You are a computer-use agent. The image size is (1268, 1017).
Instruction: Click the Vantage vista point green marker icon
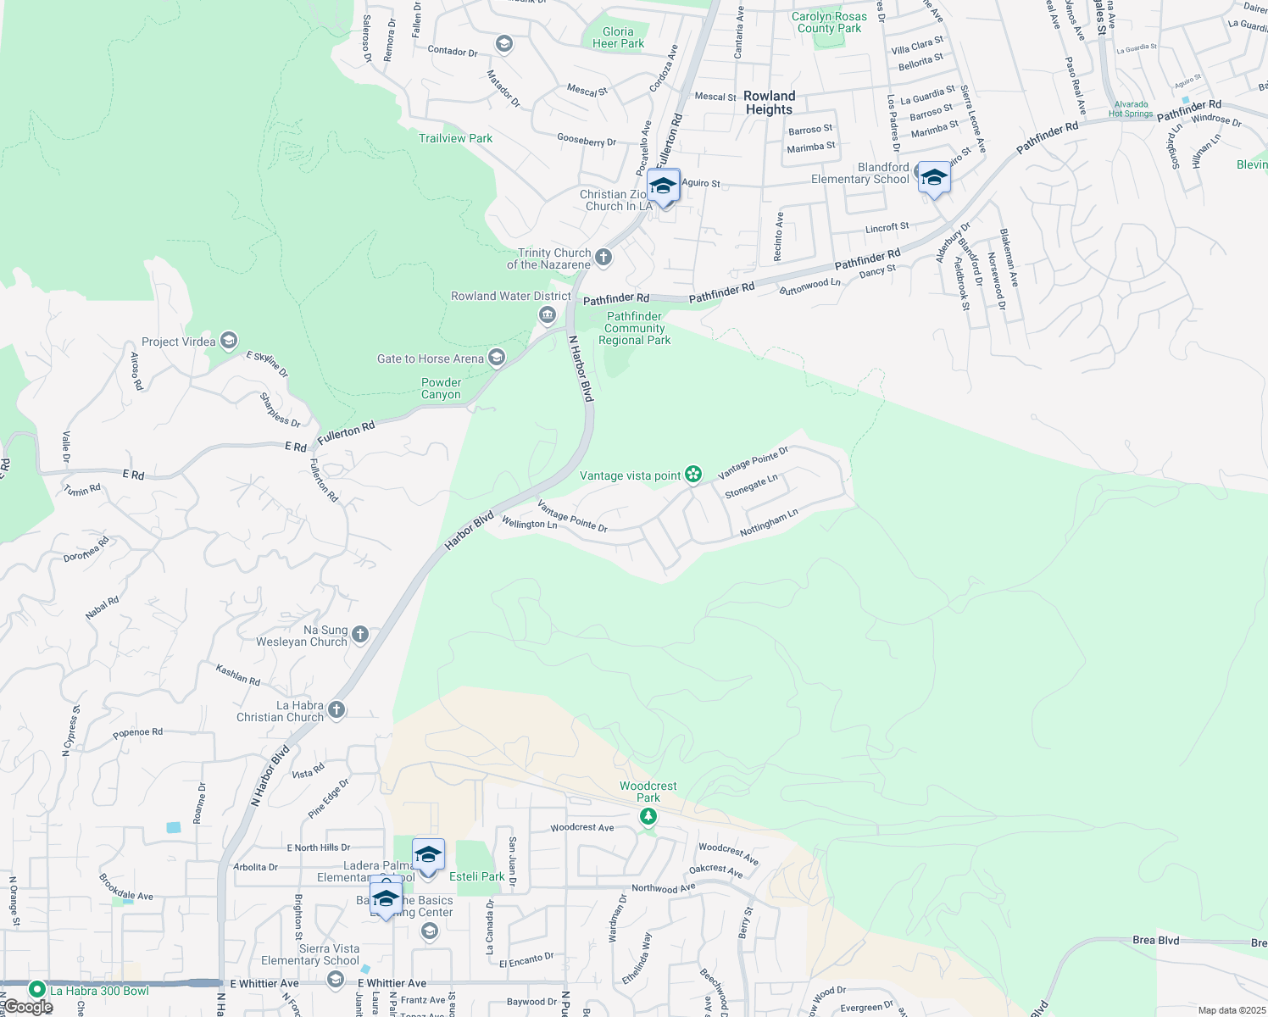tap(693, 475)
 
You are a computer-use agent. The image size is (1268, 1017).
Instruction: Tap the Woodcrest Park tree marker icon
tap(648, 816)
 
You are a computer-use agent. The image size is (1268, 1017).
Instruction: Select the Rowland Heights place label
tap(769, 103)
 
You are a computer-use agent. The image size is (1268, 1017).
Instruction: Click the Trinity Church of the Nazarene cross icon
tap(603, 258)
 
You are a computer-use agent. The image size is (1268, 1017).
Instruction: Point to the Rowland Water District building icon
tap(548, 316)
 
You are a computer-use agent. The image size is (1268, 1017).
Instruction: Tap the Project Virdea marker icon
tap(228, 341)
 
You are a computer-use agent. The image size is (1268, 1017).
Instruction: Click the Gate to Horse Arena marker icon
tap(497, 358)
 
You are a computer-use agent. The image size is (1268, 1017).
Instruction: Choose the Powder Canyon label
tap(442, 388)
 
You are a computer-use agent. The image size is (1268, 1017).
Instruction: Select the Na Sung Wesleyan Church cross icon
tap(360, 635)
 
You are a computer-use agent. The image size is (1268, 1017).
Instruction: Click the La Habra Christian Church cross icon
tap(336, 710)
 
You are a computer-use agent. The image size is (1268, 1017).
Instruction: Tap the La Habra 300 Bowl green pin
tap(36, 989)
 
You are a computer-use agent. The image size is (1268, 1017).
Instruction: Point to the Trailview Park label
tap(455, 138)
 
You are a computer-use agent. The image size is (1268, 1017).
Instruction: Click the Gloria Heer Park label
tap(618, 37)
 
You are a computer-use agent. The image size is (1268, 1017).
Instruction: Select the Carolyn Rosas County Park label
tap(829, 22)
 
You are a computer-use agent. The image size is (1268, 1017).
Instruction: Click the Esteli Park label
tap(476, 876)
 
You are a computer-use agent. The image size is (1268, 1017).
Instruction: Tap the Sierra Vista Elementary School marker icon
tap(336, 980)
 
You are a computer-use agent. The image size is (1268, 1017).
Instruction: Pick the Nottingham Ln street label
tap(769, 522)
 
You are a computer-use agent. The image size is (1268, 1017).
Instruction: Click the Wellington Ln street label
tap(529, 524)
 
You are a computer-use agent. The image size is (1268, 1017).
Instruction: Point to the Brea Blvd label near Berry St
tap(1156, 940)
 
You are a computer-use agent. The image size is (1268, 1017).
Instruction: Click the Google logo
tap(28, 1007)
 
